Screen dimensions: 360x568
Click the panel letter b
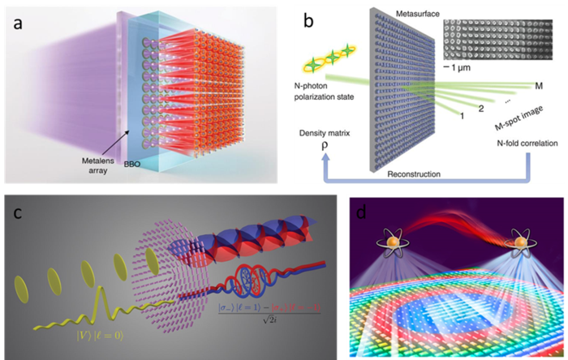pos(310,22)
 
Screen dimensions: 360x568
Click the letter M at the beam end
pos(539,84)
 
